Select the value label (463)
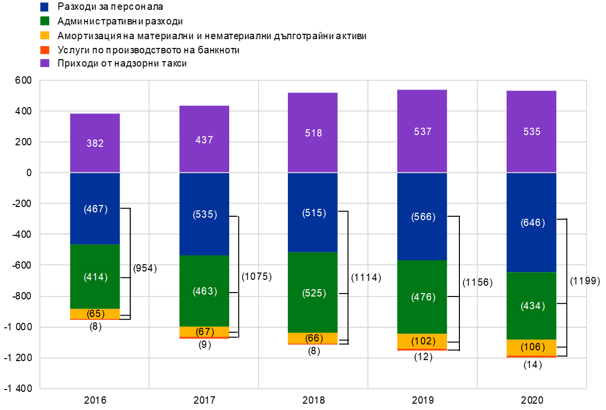(205, 291)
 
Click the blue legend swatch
(44, 7)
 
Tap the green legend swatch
(44, 21)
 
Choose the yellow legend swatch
(44, 35)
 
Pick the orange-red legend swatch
(44, 50)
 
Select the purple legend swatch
(44, 63)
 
